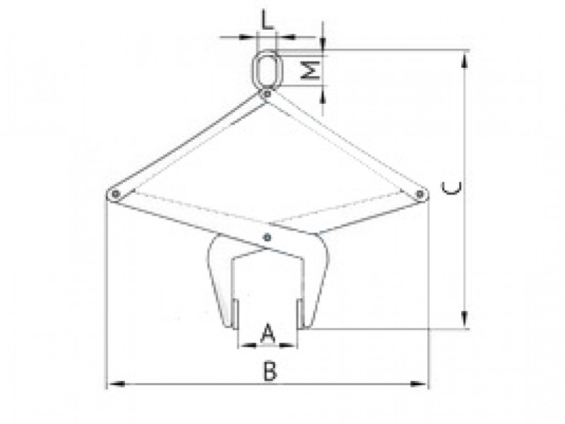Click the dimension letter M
310,70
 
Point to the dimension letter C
451,188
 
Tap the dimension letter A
268,334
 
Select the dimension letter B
270,372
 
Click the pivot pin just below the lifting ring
267,94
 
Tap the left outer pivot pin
115,194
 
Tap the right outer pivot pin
420,194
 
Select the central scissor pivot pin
267,237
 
